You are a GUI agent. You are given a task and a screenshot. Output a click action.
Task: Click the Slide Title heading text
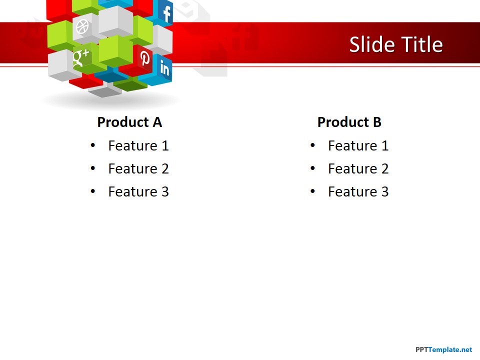pos(395,44)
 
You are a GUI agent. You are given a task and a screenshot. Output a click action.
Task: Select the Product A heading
pos(129,122)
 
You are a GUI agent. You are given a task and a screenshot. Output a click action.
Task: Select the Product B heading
pos(349,122)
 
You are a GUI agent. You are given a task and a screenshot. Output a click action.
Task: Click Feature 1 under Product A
pos(138,145)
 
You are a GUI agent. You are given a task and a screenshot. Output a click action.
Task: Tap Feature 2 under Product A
pos(138,168)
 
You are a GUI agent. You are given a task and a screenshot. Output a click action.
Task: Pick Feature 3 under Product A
pos(138,191)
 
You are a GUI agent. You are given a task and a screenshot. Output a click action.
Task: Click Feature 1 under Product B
pos(358,145)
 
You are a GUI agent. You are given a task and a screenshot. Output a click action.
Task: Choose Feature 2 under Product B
pos(358,168)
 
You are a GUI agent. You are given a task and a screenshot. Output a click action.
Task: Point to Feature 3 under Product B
pos(358,191)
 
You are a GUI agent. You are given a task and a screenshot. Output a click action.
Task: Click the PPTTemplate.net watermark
pos(443,349)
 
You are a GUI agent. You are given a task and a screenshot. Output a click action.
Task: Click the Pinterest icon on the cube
pos(145,58)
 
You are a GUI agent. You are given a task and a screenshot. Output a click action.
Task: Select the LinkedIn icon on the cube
pos(164,68)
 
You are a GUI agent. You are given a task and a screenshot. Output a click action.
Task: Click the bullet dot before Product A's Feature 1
pos(92,145)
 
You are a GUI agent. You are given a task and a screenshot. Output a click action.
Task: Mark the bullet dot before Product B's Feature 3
pos(312,191)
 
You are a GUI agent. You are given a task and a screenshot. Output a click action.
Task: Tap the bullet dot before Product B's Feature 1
pos(312,145)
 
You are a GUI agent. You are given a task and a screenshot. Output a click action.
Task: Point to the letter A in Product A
pos(157,122)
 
